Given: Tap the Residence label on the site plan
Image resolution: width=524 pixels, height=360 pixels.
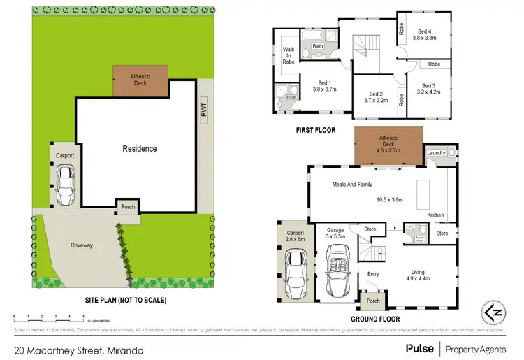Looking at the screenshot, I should coord(140,148).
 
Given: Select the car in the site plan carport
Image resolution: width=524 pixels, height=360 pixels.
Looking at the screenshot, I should coord(66,184).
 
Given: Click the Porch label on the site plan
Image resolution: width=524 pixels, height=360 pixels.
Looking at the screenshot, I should coord(128,207).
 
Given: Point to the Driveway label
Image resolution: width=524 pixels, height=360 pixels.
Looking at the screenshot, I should coord(82,245).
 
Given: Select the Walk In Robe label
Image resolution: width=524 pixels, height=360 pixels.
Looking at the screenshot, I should coord(287,55).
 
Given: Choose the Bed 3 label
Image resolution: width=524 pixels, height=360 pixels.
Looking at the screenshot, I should coord(428,86).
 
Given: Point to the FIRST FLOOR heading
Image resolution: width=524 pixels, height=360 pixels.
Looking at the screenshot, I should coord(314,130).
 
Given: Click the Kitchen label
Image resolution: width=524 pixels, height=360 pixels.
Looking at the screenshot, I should coord(436,214).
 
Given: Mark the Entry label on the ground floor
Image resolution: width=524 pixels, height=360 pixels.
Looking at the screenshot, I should coord(372,274).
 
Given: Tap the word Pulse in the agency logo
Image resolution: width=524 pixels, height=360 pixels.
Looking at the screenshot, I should coord(419,347).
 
